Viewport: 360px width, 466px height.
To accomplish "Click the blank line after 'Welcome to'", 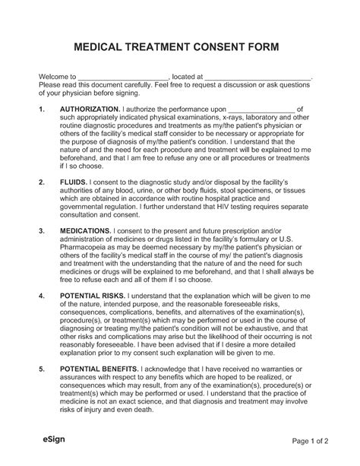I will click(123, 78).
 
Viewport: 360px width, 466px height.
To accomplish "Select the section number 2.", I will click(40, 183).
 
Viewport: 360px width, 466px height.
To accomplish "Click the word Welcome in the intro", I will click(54, 78).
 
